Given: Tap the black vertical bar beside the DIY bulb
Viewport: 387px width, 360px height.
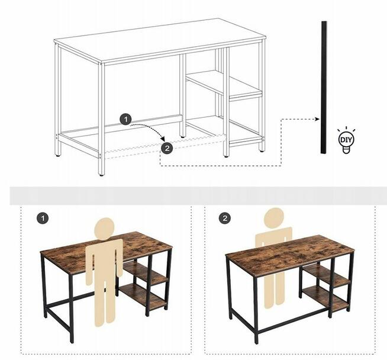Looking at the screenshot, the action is click(x=324, y=88).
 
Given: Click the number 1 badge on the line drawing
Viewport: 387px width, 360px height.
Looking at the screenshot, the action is click(x=126, y=120).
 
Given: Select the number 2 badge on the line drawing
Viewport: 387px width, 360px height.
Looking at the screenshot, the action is click(x=167, y=148).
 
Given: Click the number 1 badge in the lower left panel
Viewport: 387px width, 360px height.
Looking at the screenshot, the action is click(x=43, y=218).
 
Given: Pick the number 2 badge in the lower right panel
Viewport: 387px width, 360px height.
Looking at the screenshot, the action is click(x=225, y=218).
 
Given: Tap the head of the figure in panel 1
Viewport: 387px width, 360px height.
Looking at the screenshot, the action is click(x=104, y=228).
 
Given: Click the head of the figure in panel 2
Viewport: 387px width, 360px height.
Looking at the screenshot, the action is click(x=274, y=217).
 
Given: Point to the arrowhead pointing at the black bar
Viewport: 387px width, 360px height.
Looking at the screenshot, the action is click(x=317, y=119).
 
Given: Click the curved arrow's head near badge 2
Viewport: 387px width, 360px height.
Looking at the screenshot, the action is click(x=162, y=138).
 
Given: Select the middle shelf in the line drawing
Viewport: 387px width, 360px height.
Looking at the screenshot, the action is click(x=224, y=85).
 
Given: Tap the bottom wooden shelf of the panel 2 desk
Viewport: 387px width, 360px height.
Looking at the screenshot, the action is click(x=326, y=298).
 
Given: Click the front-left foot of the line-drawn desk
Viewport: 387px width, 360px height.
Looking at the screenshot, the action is click(x=101, y=175).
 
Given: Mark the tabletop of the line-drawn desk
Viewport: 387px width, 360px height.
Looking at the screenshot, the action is click(x=160, y=41).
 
